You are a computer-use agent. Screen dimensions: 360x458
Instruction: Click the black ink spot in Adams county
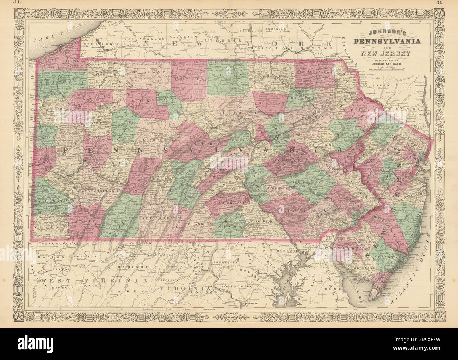click(x=225, y=221)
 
